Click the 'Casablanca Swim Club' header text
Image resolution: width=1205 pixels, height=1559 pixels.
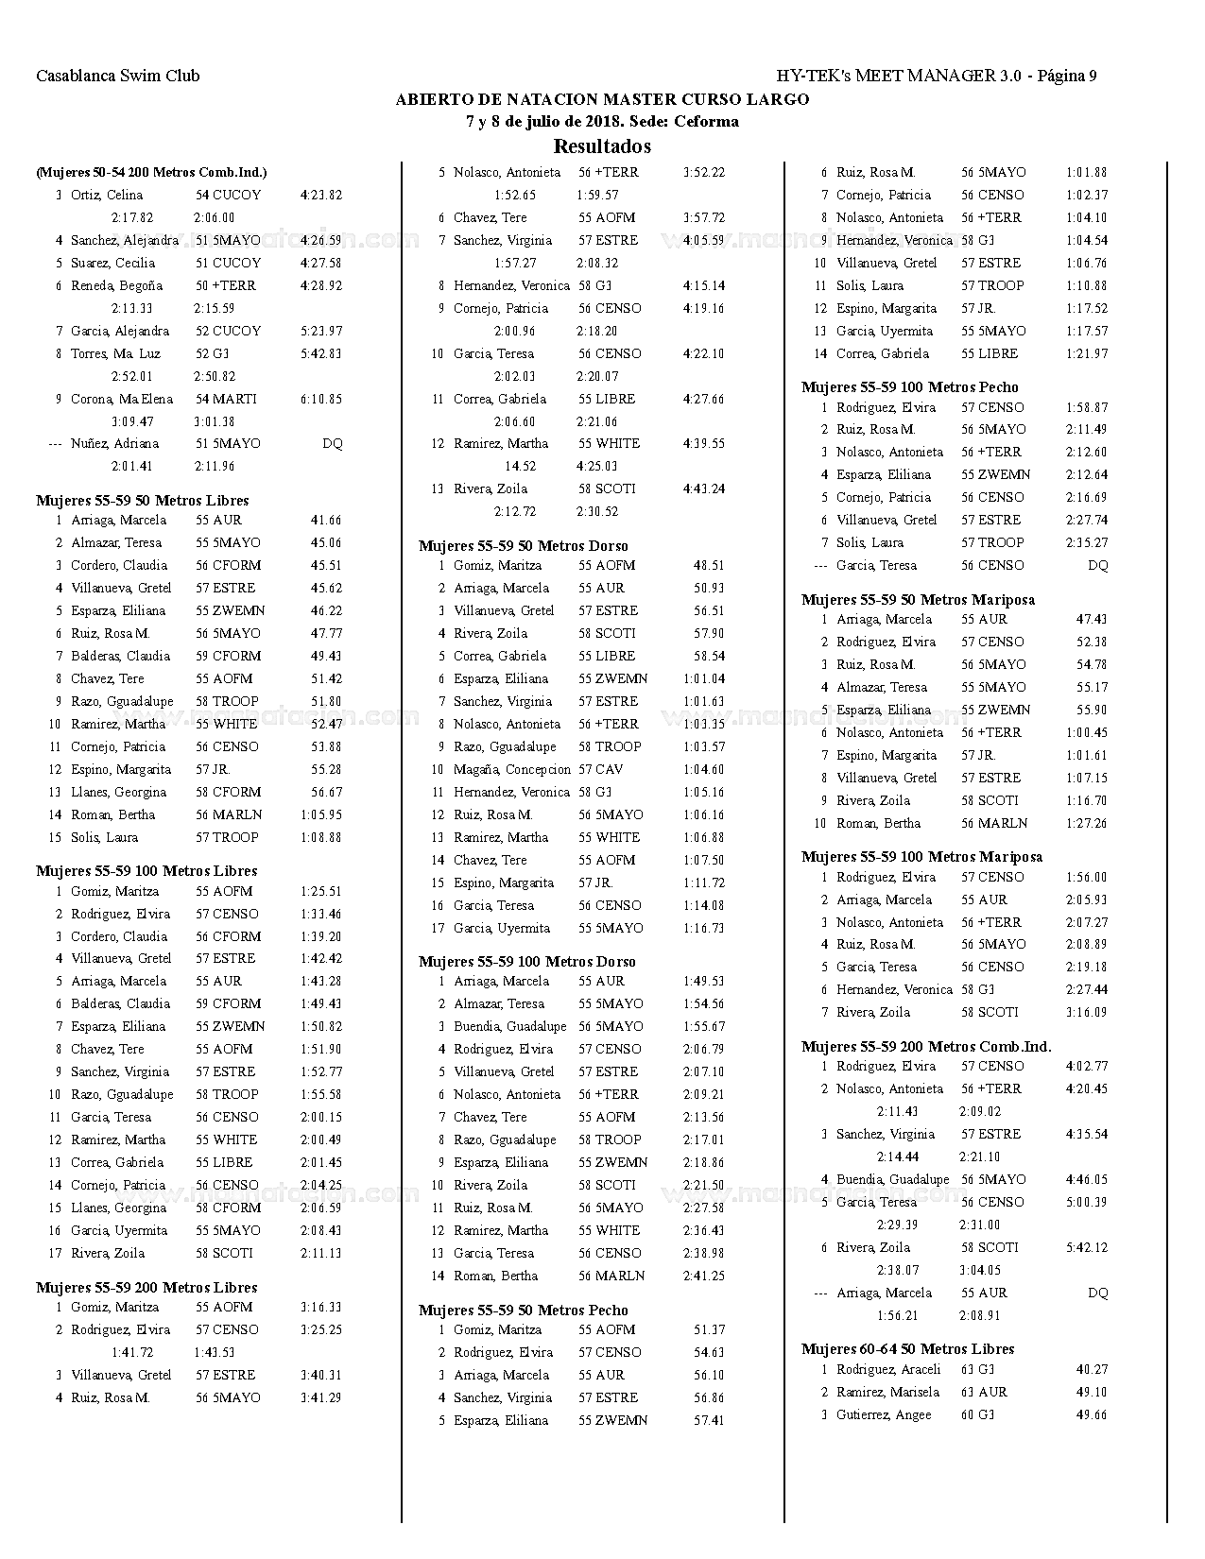(x=117, y=76)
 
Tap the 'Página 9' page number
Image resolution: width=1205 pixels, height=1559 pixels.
(x=1067, y=76)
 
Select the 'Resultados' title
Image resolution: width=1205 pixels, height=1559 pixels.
(x=602, y=146)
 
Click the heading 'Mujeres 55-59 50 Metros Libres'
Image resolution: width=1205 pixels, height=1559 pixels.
(x=143, y=500)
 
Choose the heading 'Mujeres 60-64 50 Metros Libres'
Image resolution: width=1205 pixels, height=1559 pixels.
(x=908, y=1348)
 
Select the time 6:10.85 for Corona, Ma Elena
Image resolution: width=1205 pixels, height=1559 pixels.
(x=321, y=399)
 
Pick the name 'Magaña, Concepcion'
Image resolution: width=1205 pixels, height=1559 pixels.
(x=512, y=769)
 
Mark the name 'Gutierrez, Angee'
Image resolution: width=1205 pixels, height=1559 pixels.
(x=884, y=1414)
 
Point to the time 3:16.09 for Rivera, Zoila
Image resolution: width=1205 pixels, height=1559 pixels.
(x=1087, y=1012)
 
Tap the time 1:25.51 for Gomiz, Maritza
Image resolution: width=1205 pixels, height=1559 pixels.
(x=321, y=891)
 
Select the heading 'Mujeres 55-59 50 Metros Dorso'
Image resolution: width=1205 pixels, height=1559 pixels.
(x=524, y=545)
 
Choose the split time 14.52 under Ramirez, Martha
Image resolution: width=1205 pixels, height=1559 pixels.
(x=520, y=466)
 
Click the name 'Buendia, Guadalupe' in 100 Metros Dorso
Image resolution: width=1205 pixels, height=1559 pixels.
(x=510, y=1026)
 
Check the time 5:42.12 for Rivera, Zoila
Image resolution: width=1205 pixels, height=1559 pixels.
(x=1087, y=1247)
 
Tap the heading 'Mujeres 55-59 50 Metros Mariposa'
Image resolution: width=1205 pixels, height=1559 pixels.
(x=918, y=599)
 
